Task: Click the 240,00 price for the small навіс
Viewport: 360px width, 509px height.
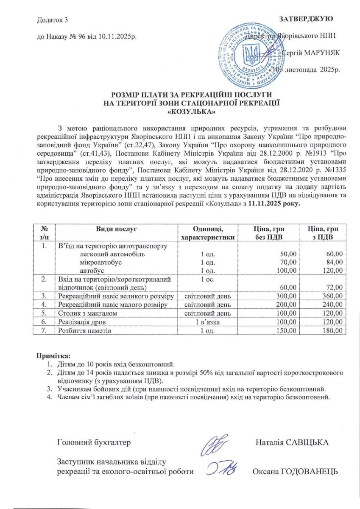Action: pyautogui.click(x=333, y=304)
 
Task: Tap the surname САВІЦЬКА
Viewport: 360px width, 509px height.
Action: pyautogui.click(x=309, y=443)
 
